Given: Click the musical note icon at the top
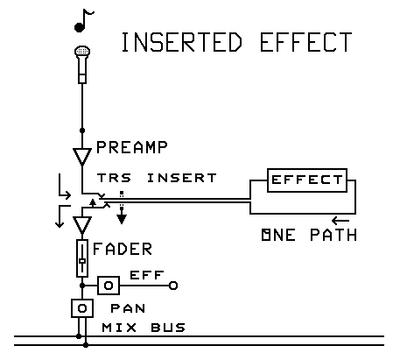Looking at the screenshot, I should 81,21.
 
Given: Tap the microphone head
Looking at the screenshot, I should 81,55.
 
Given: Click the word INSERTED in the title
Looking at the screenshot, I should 180,43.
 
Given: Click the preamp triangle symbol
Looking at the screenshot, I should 81,157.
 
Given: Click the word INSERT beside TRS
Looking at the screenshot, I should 182,178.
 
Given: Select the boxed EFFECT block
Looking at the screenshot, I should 307,180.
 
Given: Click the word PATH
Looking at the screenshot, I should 329,236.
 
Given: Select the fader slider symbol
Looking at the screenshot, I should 81,259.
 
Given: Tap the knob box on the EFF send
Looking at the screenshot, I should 109,286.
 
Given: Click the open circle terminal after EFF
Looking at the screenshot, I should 173,286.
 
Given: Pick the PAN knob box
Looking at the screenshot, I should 81,309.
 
